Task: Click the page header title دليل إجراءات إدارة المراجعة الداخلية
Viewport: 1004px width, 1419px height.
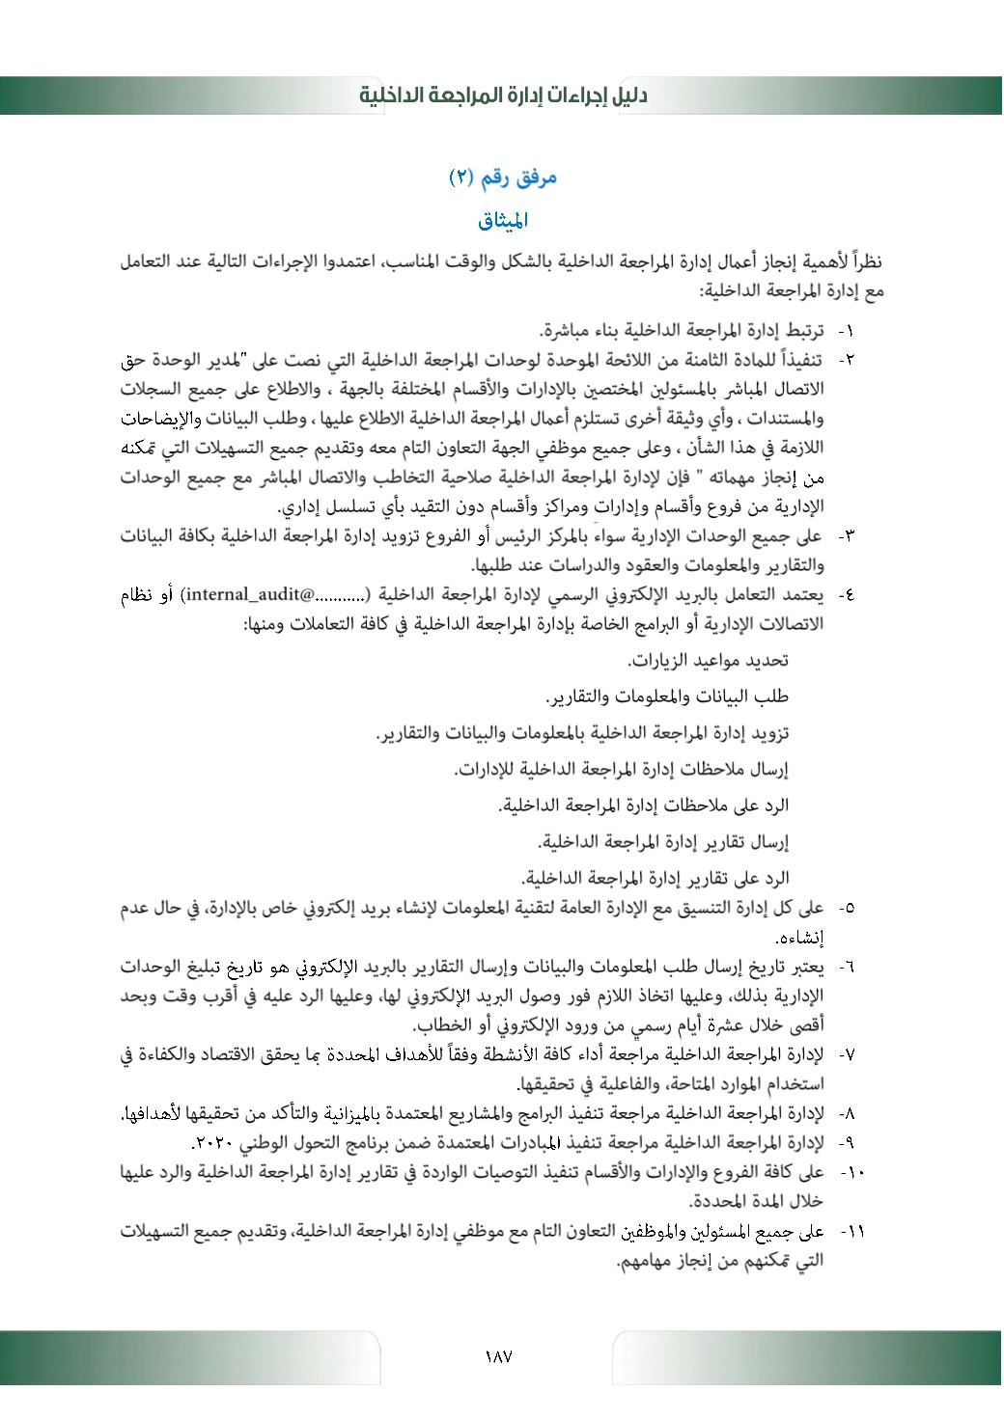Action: [x=503, y=96]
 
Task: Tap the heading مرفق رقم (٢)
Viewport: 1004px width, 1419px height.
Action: [x=503, y=177]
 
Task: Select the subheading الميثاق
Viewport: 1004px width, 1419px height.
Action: [x=503, y=221]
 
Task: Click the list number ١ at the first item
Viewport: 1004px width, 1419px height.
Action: [x=847, y=332]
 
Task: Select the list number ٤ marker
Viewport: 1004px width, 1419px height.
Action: [x=847, y=595]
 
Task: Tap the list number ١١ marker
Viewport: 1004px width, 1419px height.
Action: [x=851, y=1233]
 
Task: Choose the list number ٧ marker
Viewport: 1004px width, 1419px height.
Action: [x=847, y=1054]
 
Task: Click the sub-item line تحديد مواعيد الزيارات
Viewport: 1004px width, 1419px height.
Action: [x=709, y=661]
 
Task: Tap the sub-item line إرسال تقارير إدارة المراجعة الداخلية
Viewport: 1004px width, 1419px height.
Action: [x=663, y=842]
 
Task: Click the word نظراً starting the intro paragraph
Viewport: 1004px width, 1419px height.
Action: [x=864, y=261]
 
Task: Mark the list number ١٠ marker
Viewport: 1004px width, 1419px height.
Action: [x=851, y=1173]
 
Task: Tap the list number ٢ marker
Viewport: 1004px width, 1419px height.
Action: [x=847, y=361]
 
